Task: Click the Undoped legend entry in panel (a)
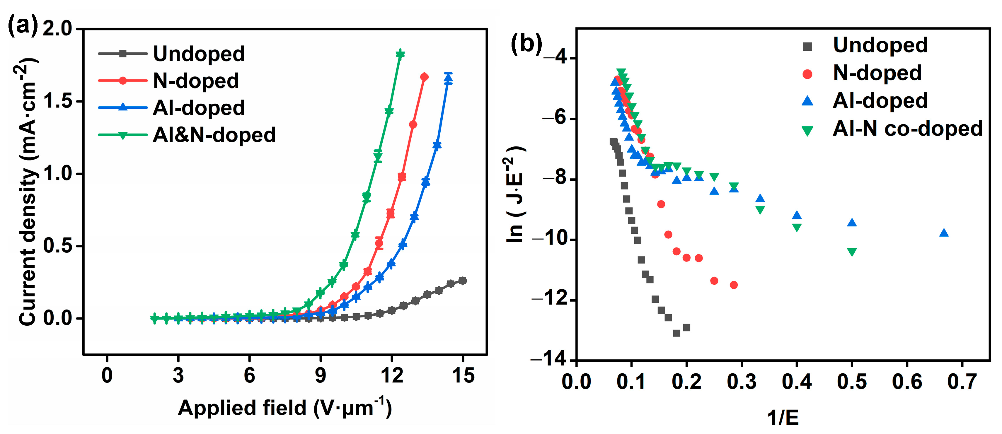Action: (198, 54)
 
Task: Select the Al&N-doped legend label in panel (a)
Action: (214, 135)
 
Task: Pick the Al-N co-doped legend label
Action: (907, 129)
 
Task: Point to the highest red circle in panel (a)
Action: (424, 77)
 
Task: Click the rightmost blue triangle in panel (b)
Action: (944, 233)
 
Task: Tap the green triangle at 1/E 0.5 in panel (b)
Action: (852, 252)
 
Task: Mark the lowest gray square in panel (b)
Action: (676, 333)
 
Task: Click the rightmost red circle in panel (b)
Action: (734, 285)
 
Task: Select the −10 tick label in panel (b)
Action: (549, 239)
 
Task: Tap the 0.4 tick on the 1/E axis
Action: (797, 382)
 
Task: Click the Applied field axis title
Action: (284, 408)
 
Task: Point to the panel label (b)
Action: (526, 43)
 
